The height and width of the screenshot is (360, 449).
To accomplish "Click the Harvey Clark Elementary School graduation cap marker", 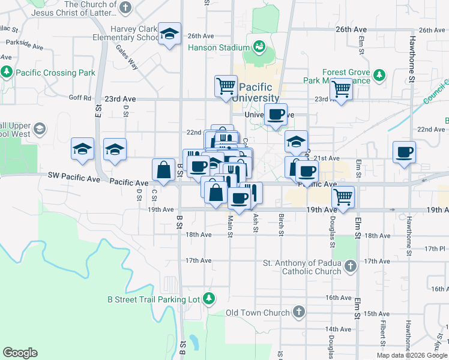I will coord(170,34).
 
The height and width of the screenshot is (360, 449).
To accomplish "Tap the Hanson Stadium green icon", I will coord(259,47).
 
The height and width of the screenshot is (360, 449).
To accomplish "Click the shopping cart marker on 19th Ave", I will coord(343,196).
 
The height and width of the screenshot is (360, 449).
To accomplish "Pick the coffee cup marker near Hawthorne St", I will coord(405,152).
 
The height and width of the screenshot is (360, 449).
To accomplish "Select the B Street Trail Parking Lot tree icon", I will coord(209,299).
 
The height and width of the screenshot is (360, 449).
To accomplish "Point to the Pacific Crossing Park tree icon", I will coord(7,73).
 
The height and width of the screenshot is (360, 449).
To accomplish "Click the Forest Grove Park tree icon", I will coord(379,76).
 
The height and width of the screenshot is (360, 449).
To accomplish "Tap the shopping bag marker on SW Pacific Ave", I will coord(164,170).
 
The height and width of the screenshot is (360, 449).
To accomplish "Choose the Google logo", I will coord(20,353).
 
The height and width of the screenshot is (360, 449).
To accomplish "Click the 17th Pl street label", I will coord(435,248).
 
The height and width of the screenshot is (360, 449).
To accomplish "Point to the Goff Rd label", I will coord(80,97).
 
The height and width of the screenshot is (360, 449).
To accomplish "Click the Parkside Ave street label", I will coord(25,44).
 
